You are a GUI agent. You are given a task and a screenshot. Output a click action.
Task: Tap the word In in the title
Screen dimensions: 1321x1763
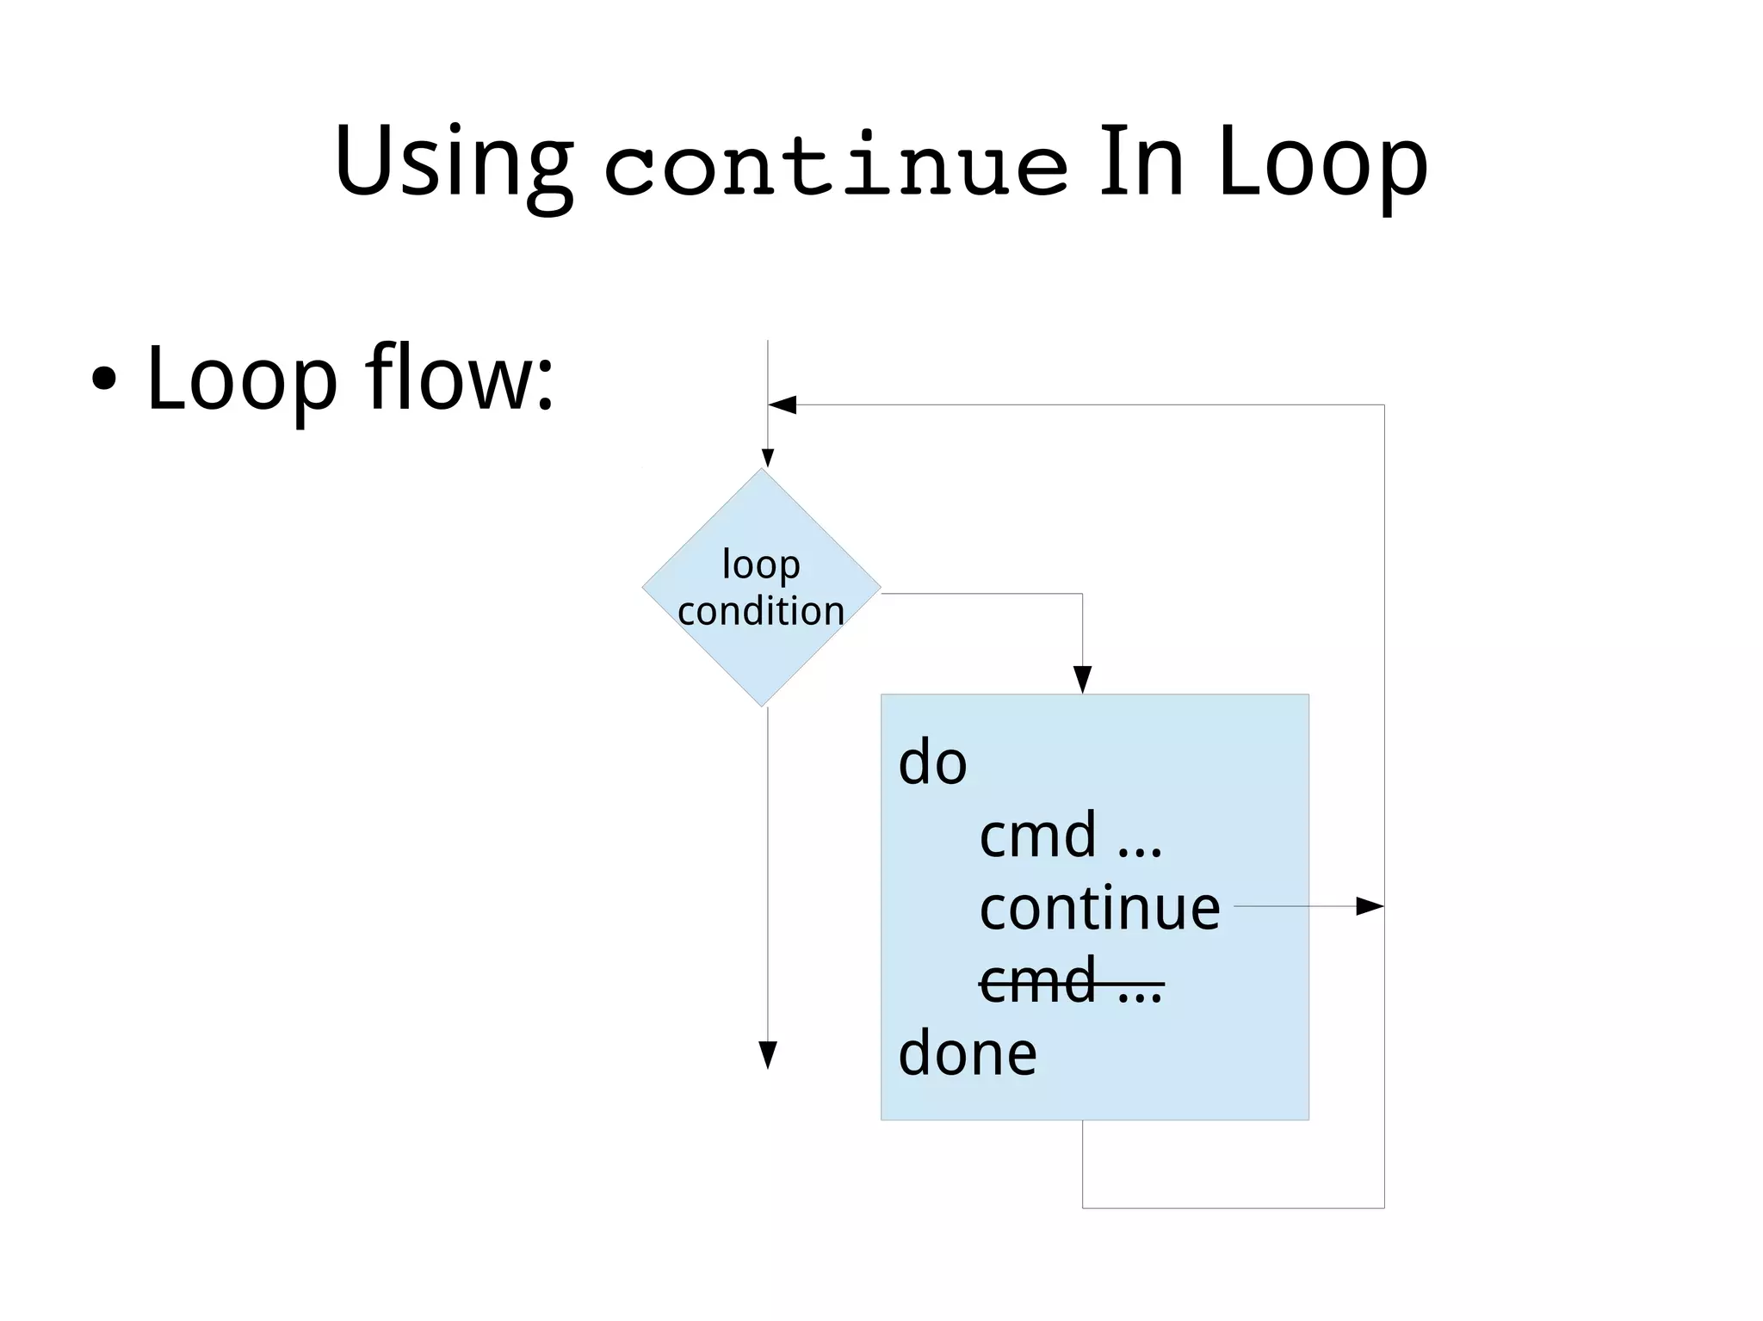click(1141, 162)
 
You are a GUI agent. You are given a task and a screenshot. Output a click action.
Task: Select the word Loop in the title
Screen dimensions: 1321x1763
click(1322, 164)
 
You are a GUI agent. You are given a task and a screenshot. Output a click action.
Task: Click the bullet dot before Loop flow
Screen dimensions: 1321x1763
click(103, 380)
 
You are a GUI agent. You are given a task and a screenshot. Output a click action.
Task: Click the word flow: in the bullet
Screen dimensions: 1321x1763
click(459, 378)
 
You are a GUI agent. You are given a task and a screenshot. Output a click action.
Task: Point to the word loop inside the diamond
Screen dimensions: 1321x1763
click(761, 565)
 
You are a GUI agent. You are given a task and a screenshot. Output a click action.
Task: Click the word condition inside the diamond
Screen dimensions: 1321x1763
click(761, 611)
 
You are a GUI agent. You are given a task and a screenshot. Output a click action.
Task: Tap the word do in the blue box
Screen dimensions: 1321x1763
click(932, 762)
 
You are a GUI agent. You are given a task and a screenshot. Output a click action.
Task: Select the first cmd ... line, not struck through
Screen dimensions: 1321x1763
click(1070, 836)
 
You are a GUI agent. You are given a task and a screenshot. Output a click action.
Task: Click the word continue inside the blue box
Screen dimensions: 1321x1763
click(1099, 909)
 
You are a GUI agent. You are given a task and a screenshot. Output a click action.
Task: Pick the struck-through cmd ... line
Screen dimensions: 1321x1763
click(1071, 982)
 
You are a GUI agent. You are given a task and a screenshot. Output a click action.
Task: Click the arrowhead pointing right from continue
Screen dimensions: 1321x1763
click(1370, 906)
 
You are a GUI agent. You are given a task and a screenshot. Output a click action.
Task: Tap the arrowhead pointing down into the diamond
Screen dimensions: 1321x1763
click(768, 458)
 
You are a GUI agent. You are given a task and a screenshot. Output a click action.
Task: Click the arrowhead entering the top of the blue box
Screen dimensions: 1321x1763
click(1083, 680)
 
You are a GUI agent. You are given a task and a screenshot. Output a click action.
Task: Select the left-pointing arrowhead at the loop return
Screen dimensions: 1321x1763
click(782, 404)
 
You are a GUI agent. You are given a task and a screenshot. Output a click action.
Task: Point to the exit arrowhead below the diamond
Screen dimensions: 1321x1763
click(768, 1055)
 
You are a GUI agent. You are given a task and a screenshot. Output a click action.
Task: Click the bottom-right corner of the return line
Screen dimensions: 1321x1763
click(1384, 1208)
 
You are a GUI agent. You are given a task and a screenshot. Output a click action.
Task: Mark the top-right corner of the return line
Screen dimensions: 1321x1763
click(1384, 404)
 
